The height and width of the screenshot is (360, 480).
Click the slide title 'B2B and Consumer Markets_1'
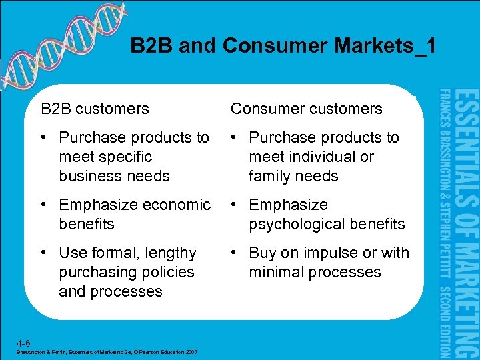[x=283, y=46]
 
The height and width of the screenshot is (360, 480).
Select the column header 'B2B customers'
[x=95, y=109]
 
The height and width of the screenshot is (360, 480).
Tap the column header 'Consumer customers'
[x=307, y=109]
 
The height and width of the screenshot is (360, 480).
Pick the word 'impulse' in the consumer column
[x=335, y=253]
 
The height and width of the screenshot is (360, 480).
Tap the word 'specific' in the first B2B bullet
[x=125, y=157]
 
